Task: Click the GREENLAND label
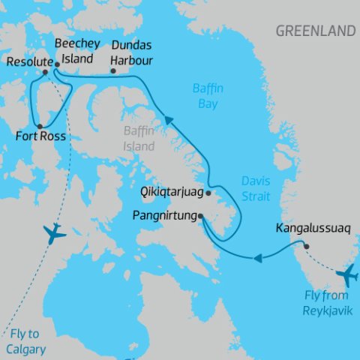click(x=315, y=31)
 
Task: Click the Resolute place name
click(x=27, y=61)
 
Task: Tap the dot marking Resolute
click(x=46, y=72)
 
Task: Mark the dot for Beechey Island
click(x=57, y=65)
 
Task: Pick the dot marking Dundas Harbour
click(x=113, y=72)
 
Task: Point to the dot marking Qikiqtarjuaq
click(x=208, y=193)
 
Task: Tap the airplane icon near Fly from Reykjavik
click(x=346, y=275)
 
